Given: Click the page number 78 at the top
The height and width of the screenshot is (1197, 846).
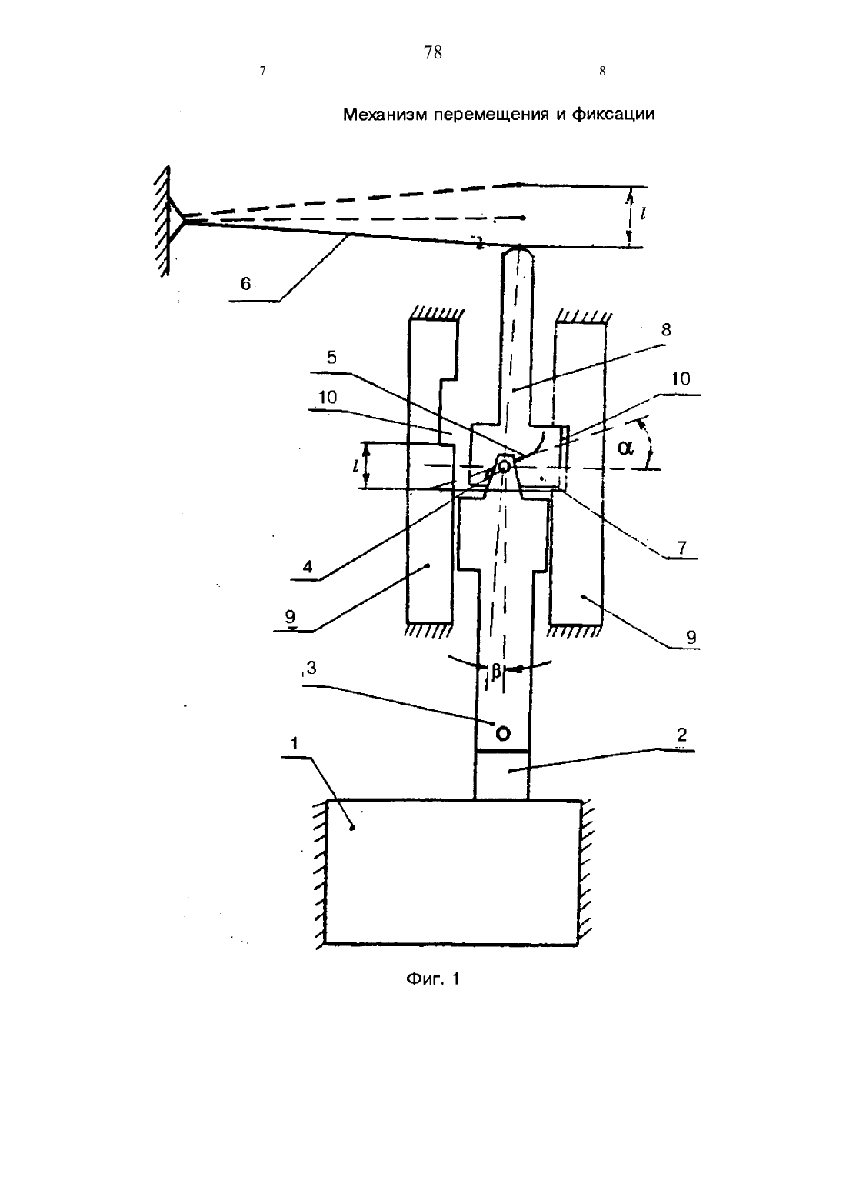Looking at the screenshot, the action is click(432, 52).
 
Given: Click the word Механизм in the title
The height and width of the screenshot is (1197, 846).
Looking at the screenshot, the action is click(385, 115).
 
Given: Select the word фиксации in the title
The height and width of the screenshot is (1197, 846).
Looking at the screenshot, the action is click(613, 115).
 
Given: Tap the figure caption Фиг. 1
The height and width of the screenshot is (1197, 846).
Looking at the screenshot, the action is click(433, 979).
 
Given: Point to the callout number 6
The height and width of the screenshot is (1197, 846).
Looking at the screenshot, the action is click(245, 283).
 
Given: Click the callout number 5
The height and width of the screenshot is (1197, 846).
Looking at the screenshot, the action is click(331, 358).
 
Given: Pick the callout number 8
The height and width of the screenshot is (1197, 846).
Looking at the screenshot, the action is click(665, 330).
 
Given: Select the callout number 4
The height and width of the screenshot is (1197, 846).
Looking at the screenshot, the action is click(308, 567).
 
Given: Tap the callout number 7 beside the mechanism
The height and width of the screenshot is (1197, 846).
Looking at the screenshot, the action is click(681, 548).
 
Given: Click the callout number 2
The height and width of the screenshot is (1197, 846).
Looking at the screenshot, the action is click(681, 735).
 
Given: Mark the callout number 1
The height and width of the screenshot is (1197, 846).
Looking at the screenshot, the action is click(294, 743).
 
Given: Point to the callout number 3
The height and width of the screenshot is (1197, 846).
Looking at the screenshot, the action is click(312, 668).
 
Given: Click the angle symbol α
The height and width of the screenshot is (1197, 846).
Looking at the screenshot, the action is click(625, 447).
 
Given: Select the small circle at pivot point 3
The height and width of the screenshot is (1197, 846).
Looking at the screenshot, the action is click(503, 733).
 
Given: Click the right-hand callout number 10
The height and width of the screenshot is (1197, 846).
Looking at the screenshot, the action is click(680, 379).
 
